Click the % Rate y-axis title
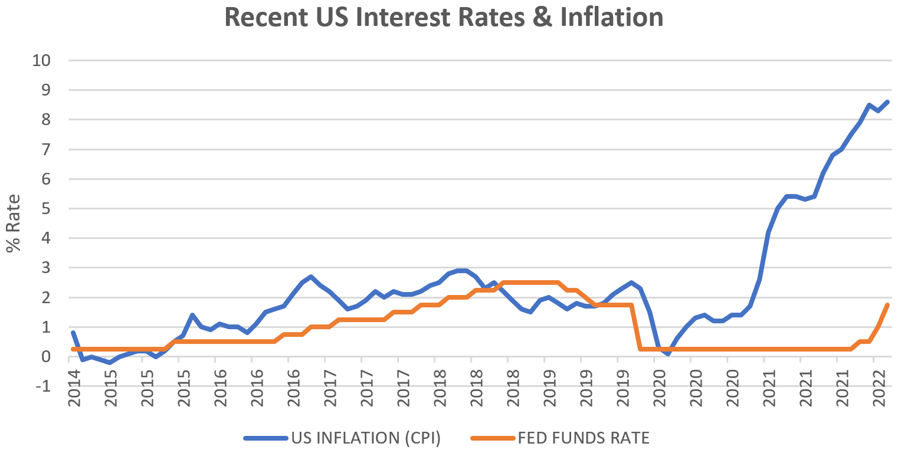(x=14, y=223)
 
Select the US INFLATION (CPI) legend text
(x=366, y=438)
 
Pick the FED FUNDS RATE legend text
(x=584, y=438)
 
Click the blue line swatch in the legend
(x=266, y=438)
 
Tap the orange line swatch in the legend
(x=493, y=438)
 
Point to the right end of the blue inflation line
(x=887, y=102)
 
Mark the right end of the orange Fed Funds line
(x=887, y=305)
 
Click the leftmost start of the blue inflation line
(x=73, y=333)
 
